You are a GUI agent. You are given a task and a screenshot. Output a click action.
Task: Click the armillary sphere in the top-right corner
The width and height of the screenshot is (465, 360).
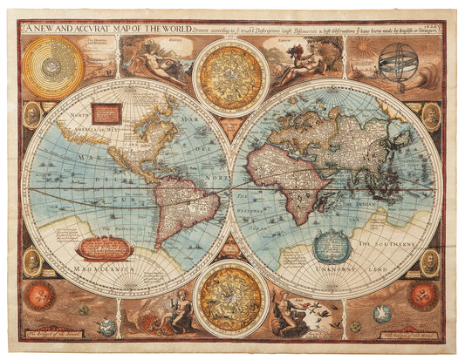tap(398, 62)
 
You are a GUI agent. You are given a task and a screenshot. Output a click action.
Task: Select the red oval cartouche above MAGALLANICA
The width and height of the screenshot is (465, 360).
tap(105, 249)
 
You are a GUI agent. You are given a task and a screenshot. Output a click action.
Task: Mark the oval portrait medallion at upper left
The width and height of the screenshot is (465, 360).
tap(32, 114)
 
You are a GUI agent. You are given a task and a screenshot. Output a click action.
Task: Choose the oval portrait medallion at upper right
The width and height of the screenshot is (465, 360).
tap(431, 114)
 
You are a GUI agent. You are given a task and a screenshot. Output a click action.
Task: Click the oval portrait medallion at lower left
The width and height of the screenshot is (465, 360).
tap(32, 262)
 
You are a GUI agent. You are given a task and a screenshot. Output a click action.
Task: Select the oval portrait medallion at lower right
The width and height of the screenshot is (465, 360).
tap(430, 262)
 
